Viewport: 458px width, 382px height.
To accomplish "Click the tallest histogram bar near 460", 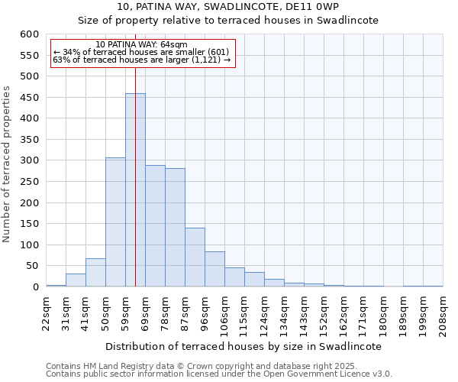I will coord(135,191).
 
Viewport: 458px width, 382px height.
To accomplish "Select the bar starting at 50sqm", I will coord(115,222).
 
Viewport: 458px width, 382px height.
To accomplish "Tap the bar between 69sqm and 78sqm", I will coord(155,226).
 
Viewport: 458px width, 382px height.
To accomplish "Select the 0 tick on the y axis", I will coord(35,287).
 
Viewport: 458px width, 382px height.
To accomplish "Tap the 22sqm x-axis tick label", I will coord(46,309).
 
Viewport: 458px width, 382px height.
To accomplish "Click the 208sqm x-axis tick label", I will coord(443,309).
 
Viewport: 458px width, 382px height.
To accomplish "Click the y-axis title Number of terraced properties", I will coord(8,163).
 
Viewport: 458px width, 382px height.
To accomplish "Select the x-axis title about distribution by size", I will coord(243,346).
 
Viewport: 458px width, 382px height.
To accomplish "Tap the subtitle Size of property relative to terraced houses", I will coord(228,21).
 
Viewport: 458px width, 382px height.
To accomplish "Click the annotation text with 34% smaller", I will coord(141,52).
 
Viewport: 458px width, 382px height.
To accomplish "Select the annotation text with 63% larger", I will coord(141,60).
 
